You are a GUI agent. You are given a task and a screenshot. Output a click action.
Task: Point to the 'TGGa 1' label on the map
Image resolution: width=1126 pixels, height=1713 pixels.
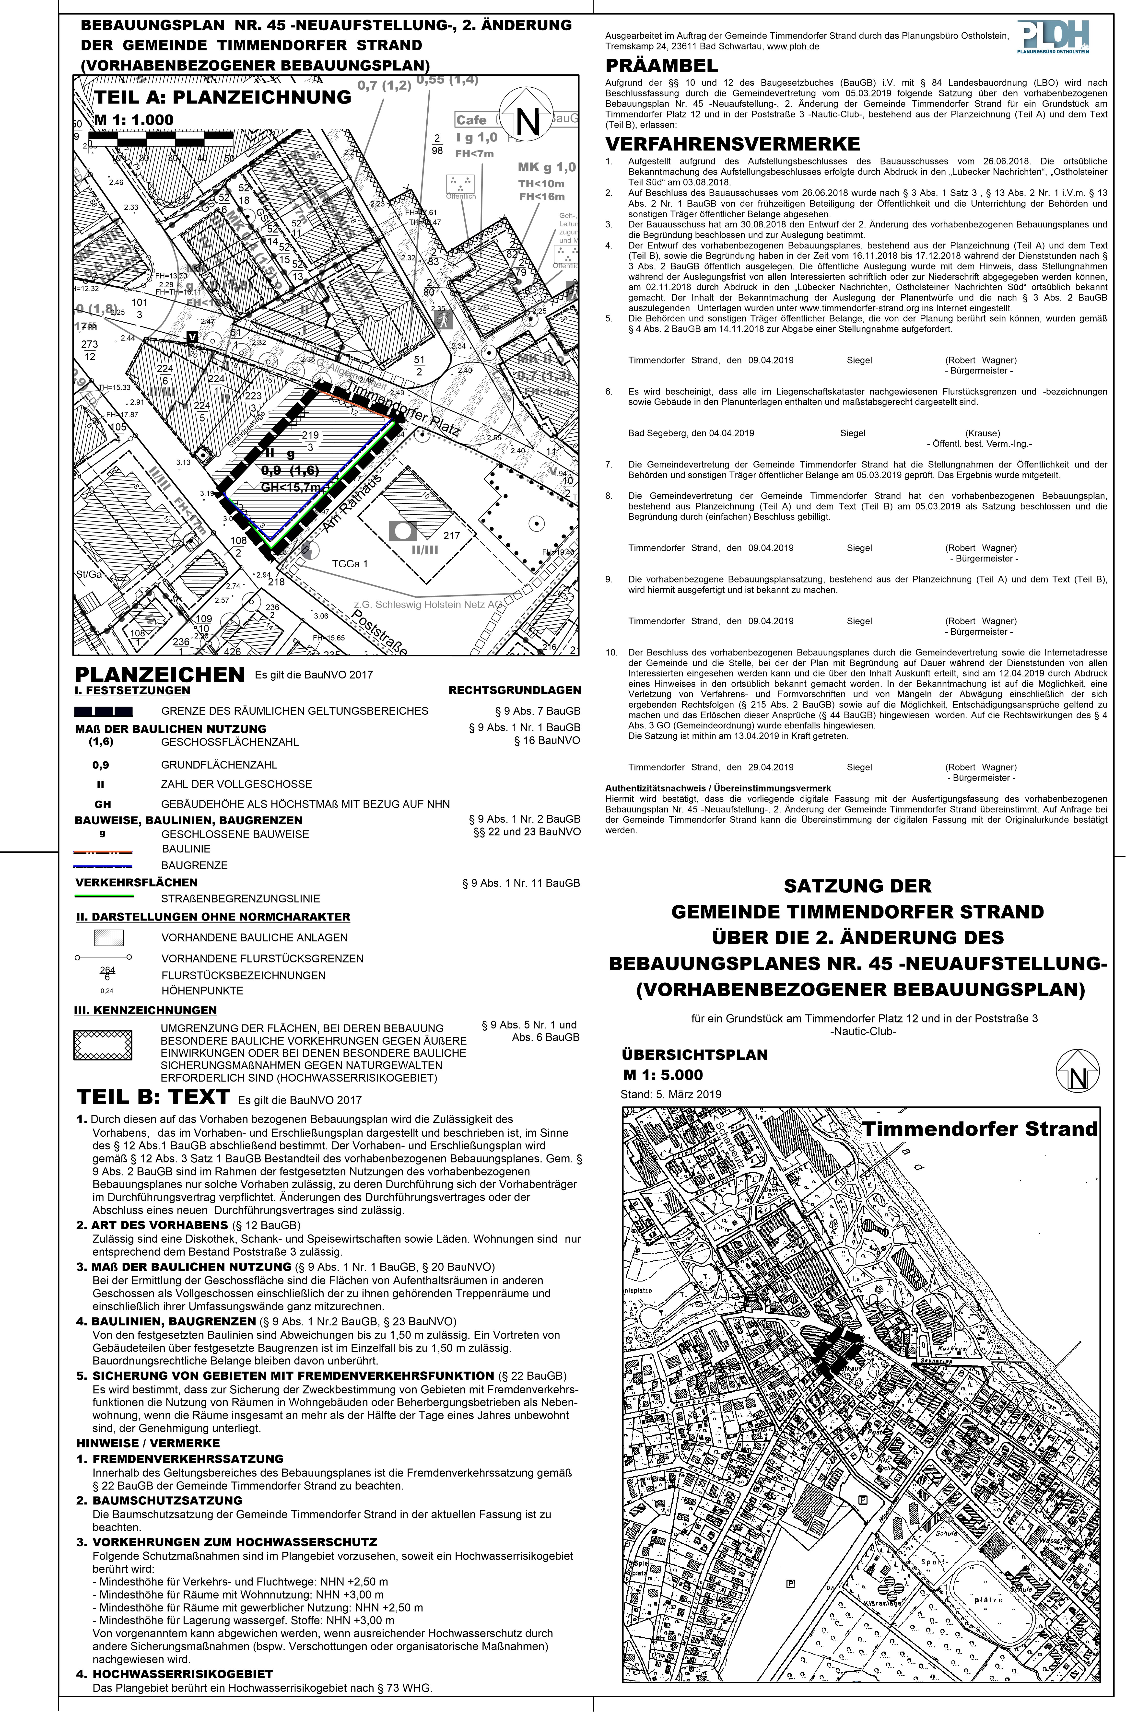point(350,564)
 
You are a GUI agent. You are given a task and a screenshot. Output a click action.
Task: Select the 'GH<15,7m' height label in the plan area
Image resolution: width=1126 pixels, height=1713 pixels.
point(290,487)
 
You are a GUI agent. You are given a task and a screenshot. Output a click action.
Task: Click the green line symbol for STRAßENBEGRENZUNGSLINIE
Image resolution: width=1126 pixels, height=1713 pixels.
point(104,896)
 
